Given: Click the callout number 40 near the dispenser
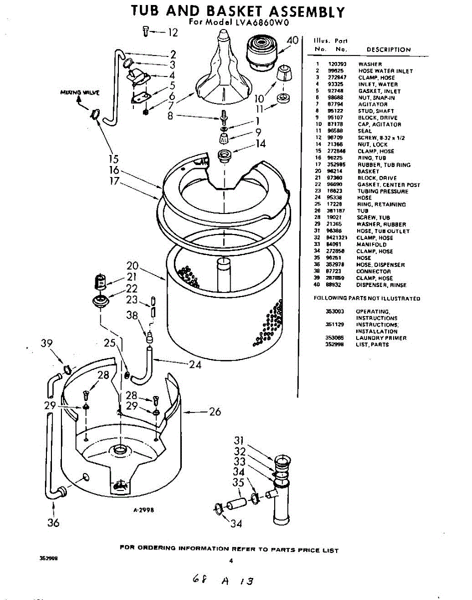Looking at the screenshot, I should point(293,40).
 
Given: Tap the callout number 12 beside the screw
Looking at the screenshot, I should point(172,33).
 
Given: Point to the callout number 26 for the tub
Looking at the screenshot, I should point(214,412).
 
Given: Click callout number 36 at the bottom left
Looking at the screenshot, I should point(53,523).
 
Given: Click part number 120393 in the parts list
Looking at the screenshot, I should point(337,64).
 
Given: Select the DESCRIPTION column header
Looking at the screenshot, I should point(389,50).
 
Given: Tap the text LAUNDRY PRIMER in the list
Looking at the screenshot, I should point(381,338).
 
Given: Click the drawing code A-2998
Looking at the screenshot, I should point(143,510).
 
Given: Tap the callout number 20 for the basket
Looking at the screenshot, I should point(132,265).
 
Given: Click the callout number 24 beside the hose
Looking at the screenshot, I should point(195,364).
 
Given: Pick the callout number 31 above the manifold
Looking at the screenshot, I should point(239,440).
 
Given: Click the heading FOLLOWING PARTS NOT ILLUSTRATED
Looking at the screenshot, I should point(367,298).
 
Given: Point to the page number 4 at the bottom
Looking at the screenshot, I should point(231,560).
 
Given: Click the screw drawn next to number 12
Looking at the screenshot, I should point(145,31).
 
